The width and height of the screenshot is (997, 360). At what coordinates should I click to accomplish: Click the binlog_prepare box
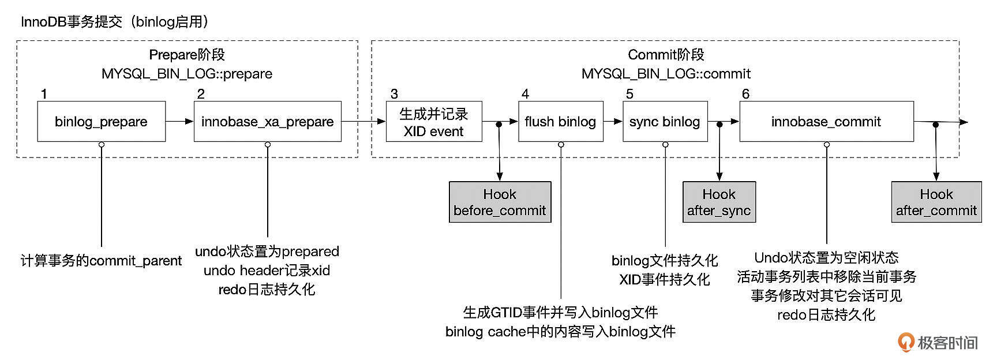(101, 122)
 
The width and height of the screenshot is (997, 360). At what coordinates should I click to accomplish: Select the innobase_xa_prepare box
(267, 122)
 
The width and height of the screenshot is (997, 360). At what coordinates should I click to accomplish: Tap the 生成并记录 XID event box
(433, 122)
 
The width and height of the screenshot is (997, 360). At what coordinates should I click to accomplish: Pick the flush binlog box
(560, 122)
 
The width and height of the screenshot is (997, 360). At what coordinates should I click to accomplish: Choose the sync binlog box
(665, 122)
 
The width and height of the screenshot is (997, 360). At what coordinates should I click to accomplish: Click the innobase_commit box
(826, 122)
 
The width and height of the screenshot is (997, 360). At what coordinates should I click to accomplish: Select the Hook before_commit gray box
(500, 202)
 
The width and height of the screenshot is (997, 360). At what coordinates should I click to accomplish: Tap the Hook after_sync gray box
(719, 202)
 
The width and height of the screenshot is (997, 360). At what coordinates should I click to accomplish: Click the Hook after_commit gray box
(936, 202)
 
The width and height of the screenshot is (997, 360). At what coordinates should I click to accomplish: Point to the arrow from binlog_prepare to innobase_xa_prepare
(179, 121)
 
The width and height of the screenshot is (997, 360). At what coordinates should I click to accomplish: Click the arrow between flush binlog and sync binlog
(613, 121)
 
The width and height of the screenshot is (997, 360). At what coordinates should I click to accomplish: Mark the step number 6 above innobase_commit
(745, 94)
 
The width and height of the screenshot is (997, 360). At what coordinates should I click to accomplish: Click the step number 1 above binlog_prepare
(44, 94)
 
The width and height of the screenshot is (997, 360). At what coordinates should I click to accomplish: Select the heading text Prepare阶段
(187, 55)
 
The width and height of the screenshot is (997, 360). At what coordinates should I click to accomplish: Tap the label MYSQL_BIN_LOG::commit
(666, 74)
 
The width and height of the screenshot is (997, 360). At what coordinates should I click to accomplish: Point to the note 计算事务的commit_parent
(101, 261)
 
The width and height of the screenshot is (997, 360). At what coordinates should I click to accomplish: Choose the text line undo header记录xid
(267, 271)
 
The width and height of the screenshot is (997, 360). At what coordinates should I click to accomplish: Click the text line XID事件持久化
(664, 280)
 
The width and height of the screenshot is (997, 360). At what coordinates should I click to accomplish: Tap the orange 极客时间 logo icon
(906, 342)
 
